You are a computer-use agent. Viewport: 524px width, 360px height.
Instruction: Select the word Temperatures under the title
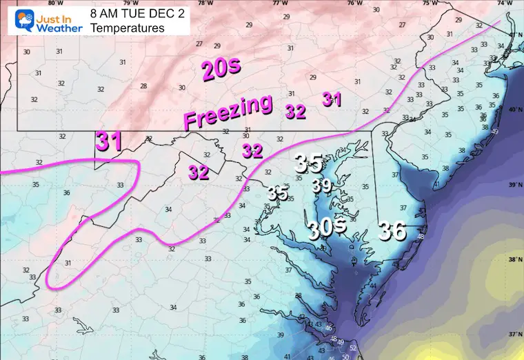[x=127, y=28]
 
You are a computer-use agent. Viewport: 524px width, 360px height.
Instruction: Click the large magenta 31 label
[x=109, y=141]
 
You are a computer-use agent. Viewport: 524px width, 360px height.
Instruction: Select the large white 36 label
[x=392, y=231]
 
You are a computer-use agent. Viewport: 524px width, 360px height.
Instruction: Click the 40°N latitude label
[x=513, y=110]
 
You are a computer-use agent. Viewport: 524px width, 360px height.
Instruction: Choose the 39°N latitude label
[x=513, y=185]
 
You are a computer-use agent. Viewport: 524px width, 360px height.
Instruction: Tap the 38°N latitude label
[x=513, y=260]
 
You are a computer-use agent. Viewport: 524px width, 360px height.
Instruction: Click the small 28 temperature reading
[x=143, y=86]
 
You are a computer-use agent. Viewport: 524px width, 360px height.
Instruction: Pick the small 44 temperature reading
[x=373, y=286]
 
